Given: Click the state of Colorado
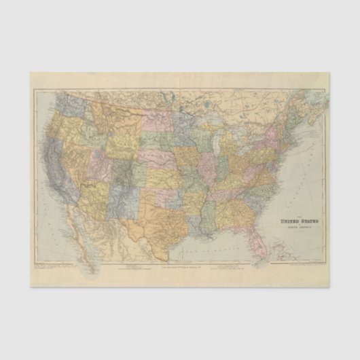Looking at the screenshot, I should pyautogui.click(x=123, y=167).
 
